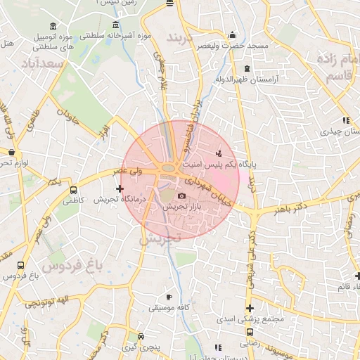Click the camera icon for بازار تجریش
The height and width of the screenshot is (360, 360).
[x=182, y=195]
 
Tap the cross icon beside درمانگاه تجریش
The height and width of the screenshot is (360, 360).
[x=120, y=188]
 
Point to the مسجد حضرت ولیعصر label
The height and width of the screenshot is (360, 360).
[x=233, y=46]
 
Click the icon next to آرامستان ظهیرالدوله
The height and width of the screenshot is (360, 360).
[x=246, y=69]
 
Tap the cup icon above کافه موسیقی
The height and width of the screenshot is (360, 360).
[x=168, y=297]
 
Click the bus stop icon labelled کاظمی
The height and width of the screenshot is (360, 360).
[x=74, y=190]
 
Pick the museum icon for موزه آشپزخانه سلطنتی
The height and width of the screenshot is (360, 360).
[x=115, y=25]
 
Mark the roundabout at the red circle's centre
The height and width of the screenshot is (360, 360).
[x=170, y=167]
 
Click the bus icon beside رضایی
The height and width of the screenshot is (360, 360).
[x=250, y=333]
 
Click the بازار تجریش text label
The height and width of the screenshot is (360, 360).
[x=181, y=207]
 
